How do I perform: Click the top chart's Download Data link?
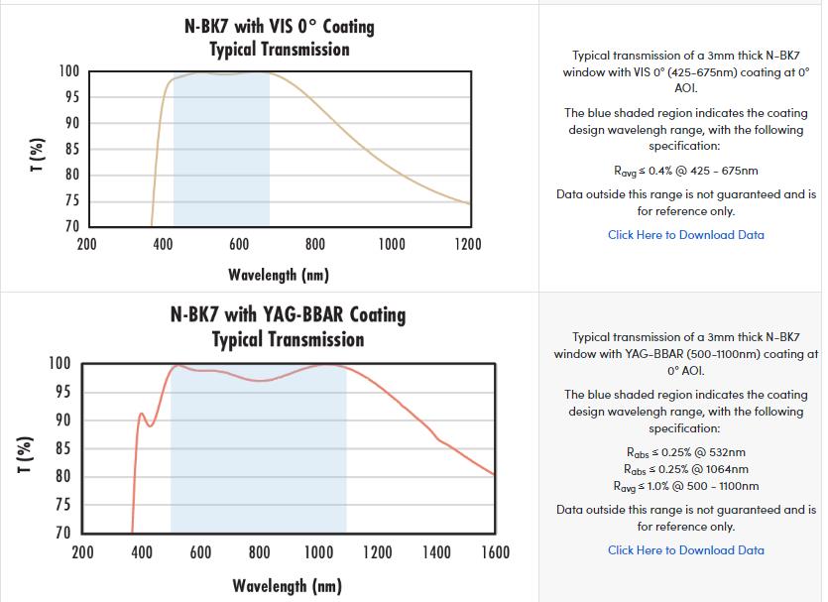[685, 235]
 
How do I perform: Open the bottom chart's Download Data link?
[685, 550]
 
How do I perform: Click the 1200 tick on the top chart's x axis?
[467, 245]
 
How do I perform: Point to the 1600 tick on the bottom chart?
[495, 552]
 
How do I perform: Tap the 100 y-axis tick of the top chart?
[68, 71]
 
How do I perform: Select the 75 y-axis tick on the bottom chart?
[60, 505]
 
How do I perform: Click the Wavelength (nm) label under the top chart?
[279, 275]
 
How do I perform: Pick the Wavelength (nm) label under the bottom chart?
[288, 586]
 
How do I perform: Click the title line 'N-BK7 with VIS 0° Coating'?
[280, 25]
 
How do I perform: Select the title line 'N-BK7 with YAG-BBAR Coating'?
[288, 315]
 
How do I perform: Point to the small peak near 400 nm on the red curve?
[141, 414]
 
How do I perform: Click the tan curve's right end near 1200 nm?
[469, 203]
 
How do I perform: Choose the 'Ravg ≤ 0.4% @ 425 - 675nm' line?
[685, 171]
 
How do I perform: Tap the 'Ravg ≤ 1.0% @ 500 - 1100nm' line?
[685, 486]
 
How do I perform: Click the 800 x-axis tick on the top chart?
[314, 245]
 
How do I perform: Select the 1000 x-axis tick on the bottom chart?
[318, 552]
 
